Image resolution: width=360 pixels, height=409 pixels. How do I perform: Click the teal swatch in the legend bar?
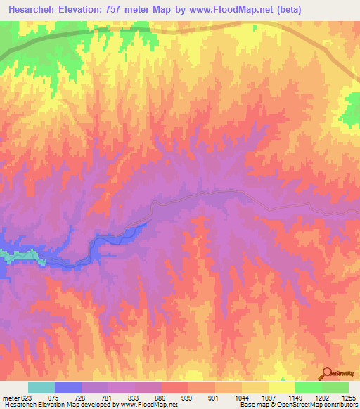coord(41,387)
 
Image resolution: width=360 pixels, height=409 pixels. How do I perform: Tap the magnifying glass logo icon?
coord(327,373)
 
